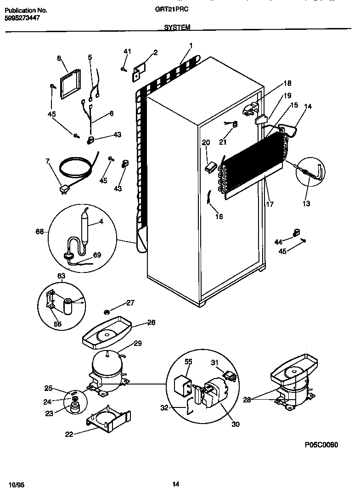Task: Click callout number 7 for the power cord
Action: click(x=47, y=162)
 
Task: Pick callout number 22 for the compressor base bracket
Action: click(x=69, y=434)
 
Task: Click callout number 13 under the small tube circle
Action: click(x=306, y=204)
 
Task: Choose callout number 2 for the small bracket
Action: click(x=155, y=52)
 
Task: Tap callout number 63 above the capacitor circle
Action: click(x=61, y=276)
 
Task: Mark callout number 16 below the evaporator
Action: click(x=219, y=216)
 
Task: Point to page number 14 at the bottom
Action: click(x=175, y=484)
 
